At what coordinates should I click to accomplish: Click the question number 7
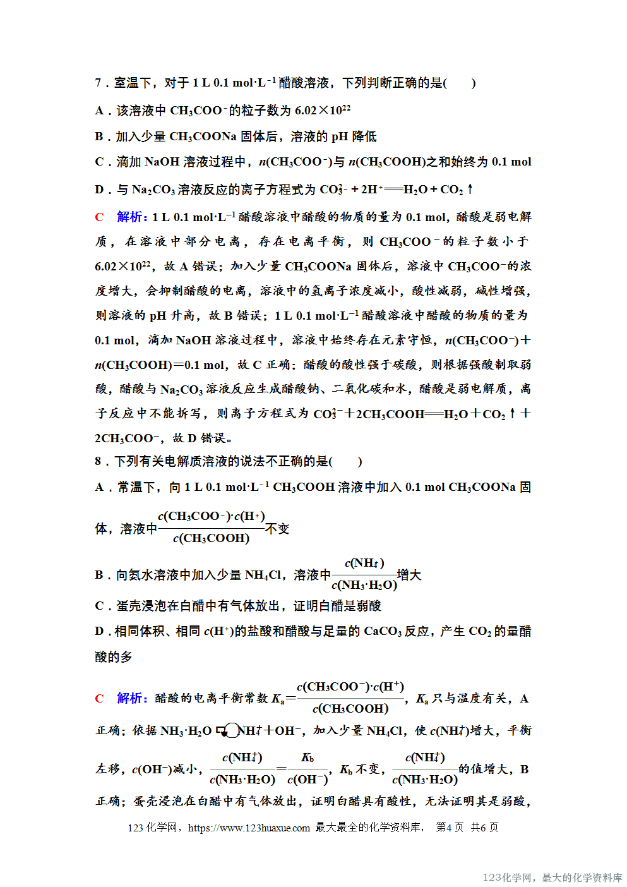(x=98, y=83)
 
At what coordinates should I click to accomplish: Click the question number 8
(x=98, y=461)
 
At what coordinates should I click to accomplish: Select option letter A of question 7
(x=99, y=111)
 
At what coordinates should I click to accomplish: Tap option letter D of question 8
(x=99, y=631)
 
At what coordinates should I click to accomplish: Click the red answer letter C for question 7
(x=99, y=217)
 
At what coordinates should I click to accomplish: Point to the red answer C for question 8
(x=99, y=699)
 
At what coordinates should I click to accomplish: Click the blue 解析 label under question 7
(x=131, y=217)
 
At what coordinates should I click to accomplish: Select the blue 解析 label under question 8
(x=131, y=699)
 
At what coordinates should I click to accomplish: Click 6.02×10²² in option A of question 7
(x=323, y=111)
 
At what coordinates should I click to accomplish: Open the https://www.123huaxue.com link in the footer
(x=249, y=828)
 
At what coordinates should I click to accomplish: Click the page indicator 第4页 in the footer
(x=450, y=828)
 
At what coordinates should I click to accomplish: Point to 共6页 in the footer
(x=484, y=828)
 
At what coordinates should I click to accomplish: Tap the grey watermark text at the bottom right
(x=552, y=878)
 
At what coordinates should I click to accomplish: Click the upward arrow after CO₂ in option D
(x=470, y=189)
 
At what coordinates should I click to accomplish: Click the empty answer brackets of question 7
(x=460, y=83)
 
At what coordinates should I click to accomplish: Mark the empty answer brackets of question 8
(x=346, y=461)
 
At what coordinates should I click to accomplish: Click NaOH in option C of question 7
(x=162, y=162)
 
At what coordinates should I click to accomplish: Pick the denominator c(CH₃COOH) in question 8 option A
(x=212, y=539)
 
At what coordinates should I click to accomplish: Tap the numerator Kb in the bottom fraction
(x=308, y=757)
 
